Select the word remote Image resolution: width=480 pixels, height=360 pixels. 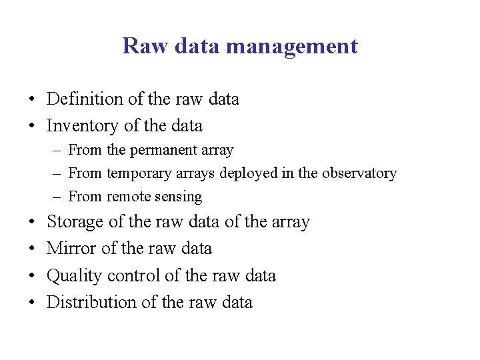coord(129,197)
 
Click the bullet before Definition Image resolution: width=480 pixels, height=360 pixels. coord(31,100)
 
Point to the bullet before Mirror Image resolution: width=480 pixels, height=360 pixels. coord(31,249)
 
